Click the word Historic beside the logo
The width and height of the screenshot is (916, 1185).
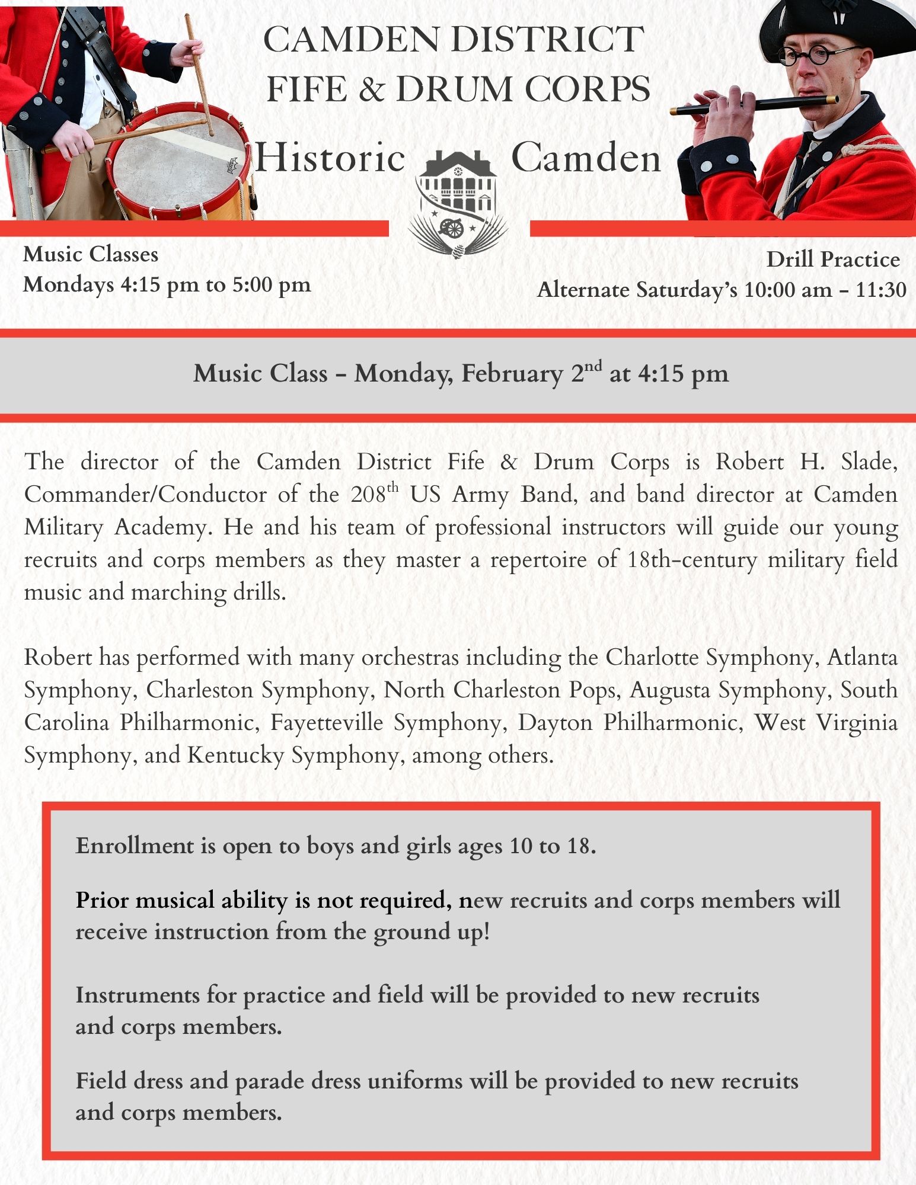330,158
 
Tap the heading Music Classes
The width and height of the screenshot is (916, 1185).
91,254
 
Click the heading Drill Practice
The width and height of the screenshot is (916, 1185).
833,259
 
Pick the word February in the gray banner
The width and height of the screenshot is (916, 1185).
512,373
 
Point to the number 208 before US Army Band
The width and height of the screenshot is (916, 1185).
368,495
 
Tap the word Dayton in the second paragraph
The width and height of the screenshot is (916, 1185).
555,723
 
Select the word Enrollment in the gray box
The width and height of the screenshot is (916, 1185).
135,845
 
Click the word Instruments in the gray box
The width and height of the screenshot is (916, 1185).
138,995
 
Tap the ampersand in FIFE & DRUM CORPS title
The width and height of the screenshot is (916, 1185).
371,89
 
